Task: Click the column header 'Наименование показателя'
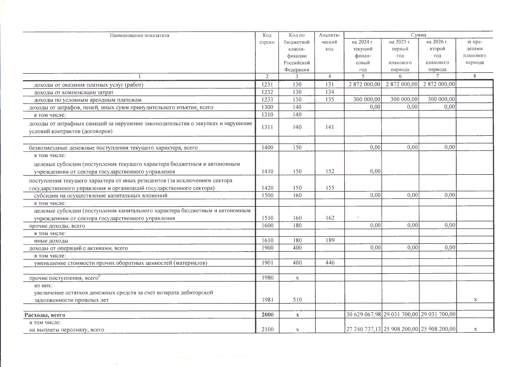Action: pyautogui.click(x=139, y=36)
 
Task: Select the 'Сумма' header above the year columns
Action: pyautogui.click(x=418, y=35)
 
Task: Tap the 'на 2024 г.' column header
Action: pyautogui.click(x=363, y=42)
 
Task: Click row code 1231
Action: pyautogui.click(x=267, y=85)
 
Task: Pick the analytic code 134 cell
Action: pyautogui.click(x=329, y=92)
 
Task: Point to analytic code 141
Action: pyautogui.click(x=329, y=127)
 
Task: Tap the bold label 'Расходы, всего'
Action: pyautogui.click(x=45, y=315)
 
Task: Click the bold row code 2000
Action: pyautogui.click(x=267, y=315)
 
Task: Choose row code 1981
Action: pyautogui.click(x=267, y=300)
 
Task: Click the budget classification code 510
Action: pyautogui.click(x=297, y=300)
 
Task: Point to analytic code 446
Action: pyautogui.click(x=330, y=263)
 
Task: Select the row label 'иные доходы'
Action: pyautogui.click(x=51, y=241)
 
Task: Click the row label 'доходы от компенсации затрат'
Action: pyautogui.click(x=74, y=92)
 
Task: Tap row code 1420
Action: pyautogui.click(x=267, y=188)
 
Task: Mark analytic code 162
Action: pyautogui.click(x=330, y=218)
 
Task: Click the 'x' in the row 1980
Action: pyautogui.click(x=297, y=278)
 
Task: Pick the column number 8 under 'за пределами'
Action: pyautogui.click(x=475, y=76)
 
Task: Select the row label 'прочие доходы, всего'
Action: pyautogui.click(x=57, y=226)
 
